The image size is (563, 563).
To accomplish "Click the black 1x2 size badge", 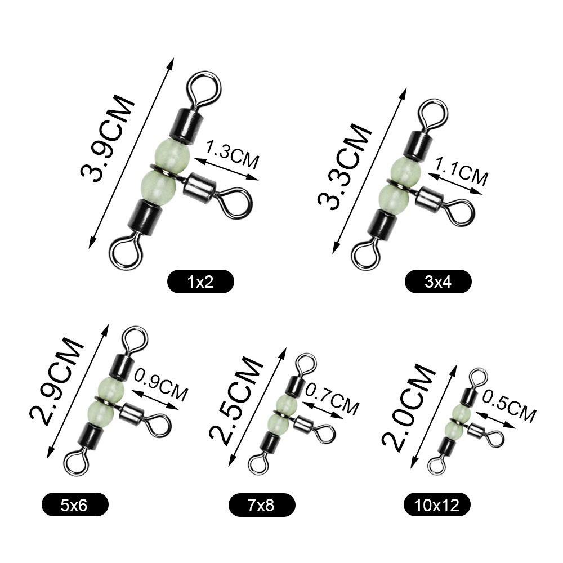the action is coord(200,281).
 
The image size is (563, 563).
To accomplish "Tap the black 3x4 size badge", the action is coord(437,281).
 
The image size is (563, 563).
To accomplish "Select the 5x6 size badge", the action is coord(75,505).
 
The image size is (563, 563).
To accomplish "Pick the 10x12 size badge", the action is coord(437,505).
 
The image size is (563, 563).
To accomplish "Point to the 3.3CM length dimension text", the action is coord(344,166).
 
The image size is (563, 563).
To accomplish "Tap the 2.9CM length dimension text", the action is coord(56,381).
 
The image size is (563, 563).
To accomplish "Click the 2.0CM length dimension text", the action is coord(408,408).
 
